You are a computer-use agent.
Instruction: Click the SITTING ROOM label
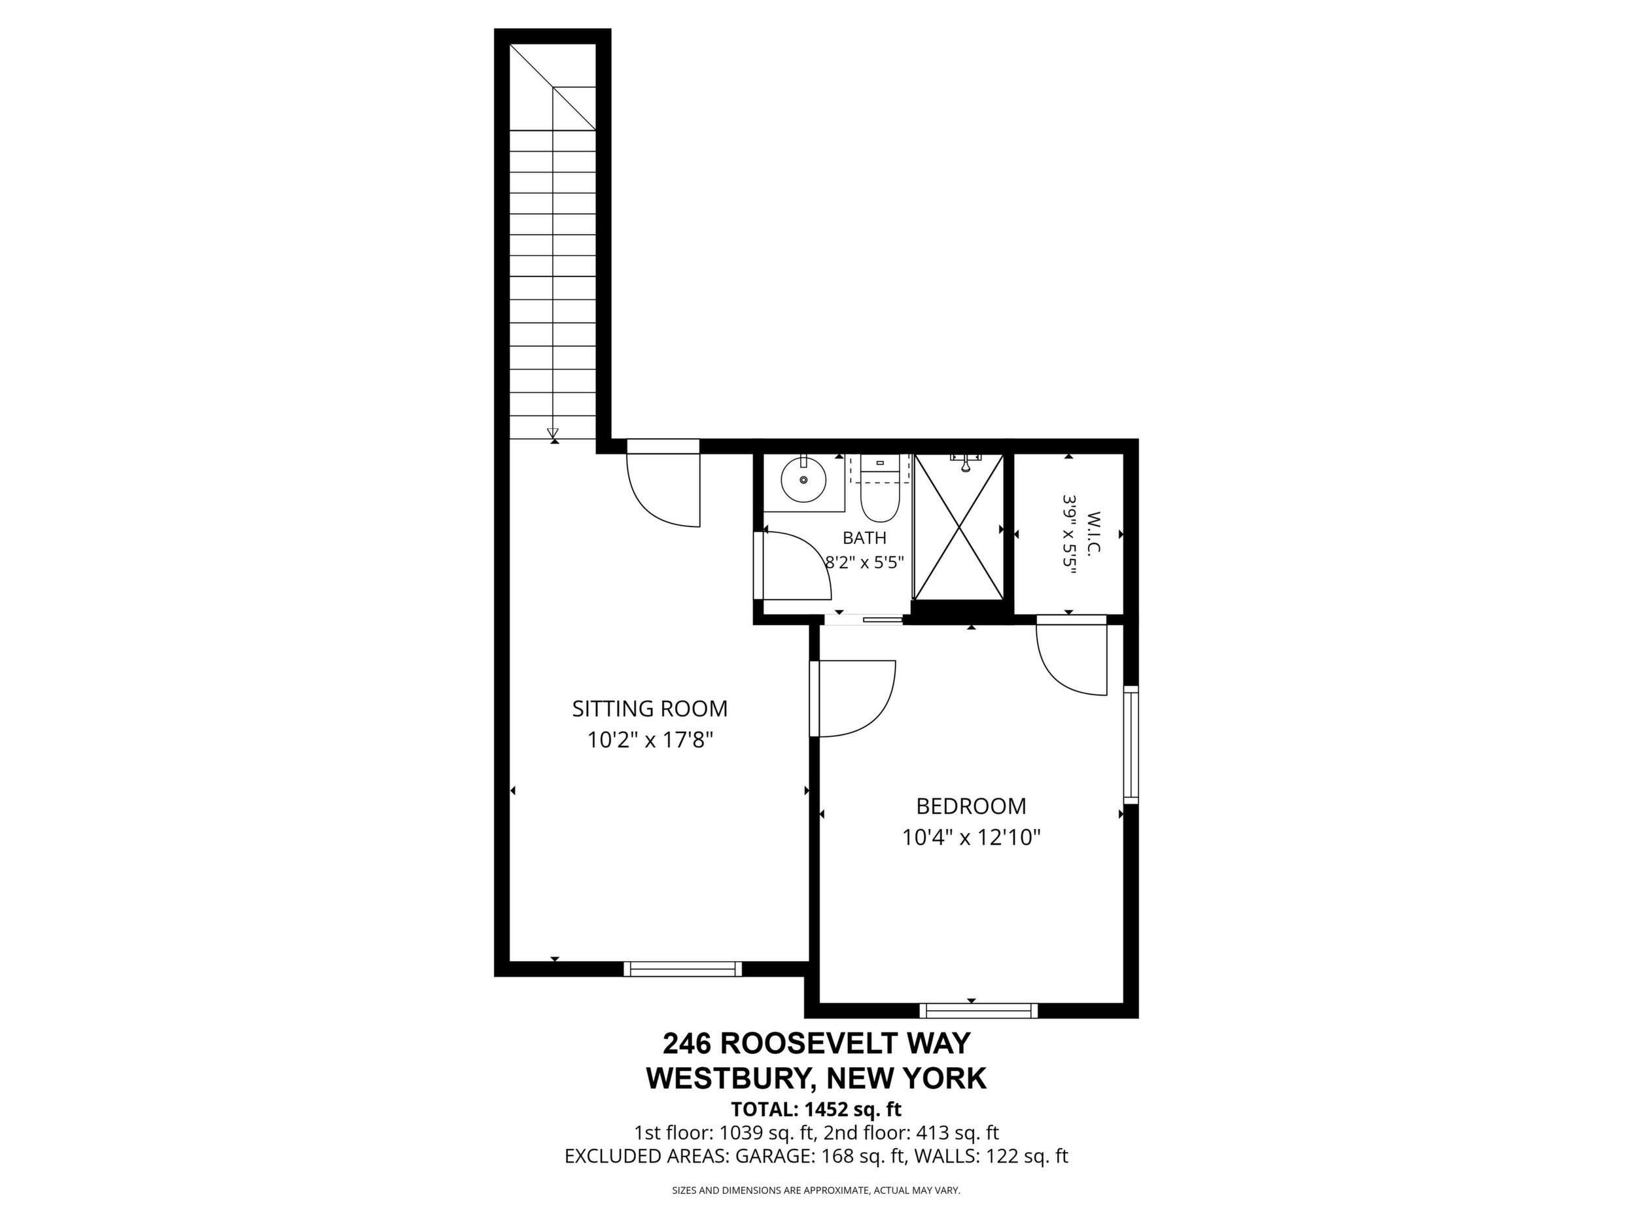click(650, 708)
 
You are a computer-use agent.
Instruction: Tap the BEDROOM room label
click(971, 806)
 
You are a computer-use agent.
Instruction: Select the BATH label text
click(864, 538)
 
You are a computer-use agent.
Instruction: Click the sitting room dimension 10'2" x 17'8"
click(650, 739)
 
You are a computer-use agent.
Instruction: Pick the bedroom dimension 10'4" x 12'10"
click(971, 838)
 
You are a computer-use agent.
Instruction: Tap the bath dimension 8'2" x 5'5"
click(864, 562)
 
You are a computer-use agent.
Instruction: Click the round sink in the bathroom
click(803, 479)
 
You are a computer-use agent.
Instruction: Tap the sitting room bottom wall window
click(683, 969)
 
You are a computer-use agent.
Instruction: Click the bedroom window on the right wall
click(1131, 745)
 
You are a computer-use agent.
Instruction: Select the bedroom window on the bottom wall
click(979, 1011)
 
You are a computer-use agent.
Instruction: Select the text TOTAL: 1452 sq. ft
click(816, 1109)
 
